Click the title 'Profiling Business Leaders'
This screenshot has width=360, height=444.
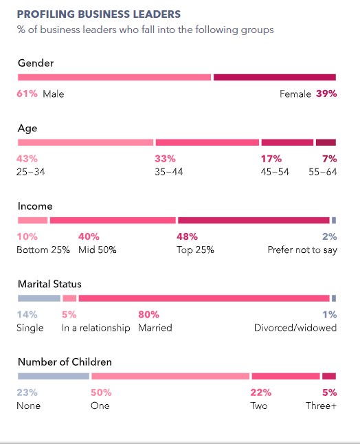[99, 14]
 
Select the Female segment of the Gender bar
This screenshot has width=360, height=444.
[275, 77]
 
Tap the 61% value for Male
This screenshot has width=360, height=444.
[27, 93]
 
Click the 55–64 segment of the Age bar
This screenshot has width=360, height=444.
[326, 142]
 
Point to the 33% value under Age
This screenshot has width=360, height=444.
[165, 159]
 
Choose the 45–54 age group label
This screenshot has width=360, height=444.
[275, 172]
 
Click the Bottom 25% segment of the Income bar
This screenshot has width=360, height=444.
[32, 221]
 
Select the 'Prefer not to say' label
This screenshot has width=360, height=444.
[302, 249]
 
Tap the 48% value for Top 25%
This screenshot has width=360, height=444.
[187, 236]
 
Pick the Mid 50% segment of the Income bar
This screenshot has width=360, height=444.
[113, 221]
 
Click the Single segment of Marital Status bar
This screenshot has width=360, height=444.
[39, 298]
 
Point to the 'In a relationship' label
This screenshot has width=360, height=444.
[95, 328]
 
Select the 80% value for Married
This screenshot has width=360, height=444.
[148, 314]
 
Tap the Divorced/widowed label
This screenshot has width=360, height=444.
[295, 328]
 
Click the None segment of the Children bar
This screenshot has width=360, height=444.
[54, 376]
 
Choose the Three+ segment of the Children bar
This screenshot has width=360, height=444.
[329, 376]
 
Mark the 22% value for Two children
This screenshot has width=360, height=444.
[260, 392]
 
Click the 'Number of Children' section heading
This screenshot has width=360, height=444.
[65, 362]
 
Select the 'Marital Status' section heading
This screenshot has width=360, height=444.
[49, 284]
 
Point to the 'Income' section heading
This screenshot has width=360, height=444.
[35, 206]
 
